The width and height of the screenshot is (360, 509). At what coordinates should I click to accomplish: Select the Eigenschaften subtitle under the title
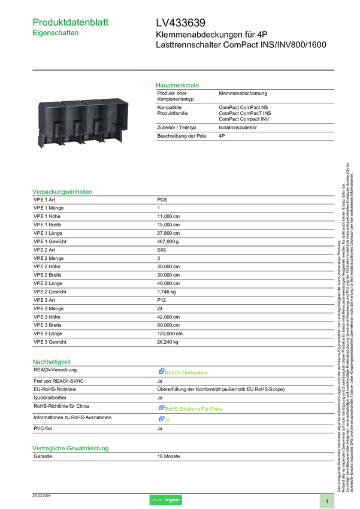(56, 34)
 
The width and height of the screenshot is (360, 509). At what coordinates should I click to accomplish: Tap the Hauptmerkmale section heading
(177, 85)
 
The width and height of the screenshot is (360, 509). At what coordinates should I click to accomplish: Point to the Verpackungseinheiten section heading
(62, 192)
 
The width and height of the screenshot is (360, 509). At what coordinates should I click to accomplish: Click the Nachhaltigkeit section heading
(52, 361)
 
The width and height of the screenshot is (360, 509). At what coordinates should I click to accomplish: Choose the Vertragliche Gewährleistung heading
(70, 447)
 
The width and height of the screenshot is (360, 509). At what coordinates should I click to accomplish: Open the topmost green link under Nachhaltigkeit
(186, 372)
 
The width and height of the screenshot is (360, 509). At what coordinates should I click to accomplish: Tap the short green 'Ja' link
(168, 420)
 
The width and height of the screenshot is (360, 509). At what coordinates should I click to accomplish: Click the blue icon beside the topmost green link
(161, 372)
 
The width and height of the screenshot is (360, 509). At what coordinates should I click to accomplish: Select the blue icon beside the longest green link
(161, 408)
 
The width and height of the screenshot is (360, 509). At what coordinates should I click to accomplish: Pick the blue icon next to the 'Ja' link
(161, 419)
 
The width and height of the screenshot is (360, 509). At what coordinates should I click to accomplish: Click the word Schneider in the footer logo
(173, 499)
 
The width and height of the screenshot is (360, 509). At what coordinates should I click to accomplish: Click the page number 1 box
(327, 501)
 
